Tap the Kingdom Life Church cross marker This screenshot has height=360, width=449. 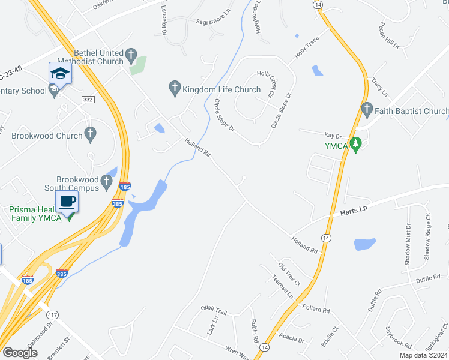click(175, 89)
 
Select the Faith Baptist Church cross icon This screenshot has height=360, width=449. click(367, 111)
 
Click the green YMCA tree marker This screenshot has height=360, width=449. click(356, 145)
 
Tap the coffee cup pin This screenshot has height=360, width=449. click(67, 202)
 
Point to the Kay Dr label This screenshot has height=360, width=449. click(332, 136)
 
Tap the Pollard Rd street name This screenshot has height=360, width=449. click(317, 310)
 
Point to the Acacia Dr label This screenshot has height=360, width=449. click(292, 339)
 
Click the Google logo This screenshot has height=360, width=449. click(20, 352)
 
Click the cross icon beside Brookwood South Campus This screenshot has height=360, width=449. click(106, 180)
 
